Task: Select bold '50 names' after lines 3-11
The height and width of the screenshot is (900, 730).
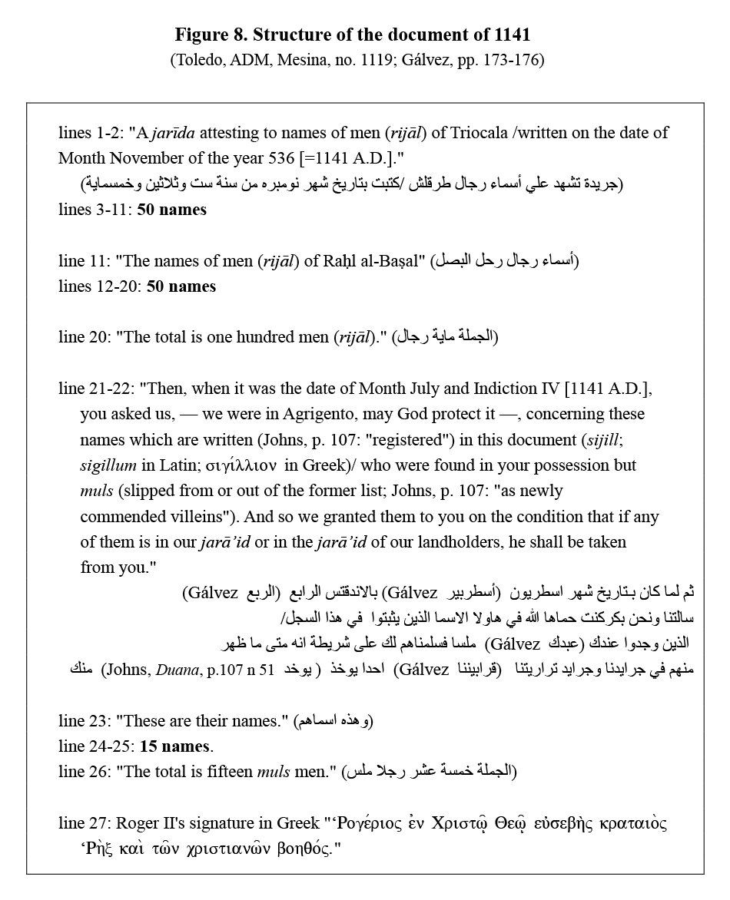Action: pyautogui.click(x=172, y=209)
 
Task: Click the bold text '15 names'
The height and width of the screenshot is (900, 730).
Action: pyautogui.click(x=174, y=746)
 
